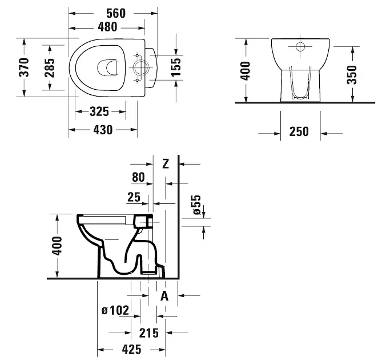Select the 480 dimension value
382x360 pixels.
pyautogui.click(x=107, y=26)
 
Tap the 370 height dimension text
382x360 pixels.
pyautogui.click(x=24, y=67)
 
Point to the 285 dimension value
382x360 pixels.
pyautogui.click(x=50, y=67)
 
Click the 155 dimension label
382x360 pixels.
pyautogui.click(x=176, y=67)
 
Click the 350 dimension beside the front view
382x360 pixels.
pyautogui.click(x=352, y=74)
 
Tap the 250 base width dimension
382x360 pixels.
pyautogui.click(x=298, y=132)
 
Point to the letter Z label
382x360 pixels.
pyautogui.click(x=166, y=164)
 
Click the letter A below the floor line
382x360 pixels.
pyautogui.click(x=164, y=295)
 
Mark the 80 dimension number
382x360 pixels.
pyautogui.click(x=138, y=178)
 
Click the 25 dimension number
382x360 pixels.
pyautogui.click(x=134, y=198)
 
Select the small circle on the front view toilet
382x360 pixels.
pyautogui.click(x=300, y=46)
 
